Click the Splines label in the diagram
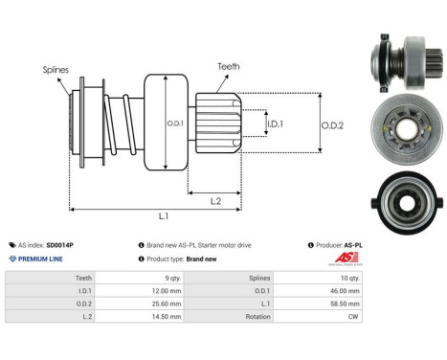(x=55, y=70)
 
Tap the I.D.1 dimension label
(x=273, y=124)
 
